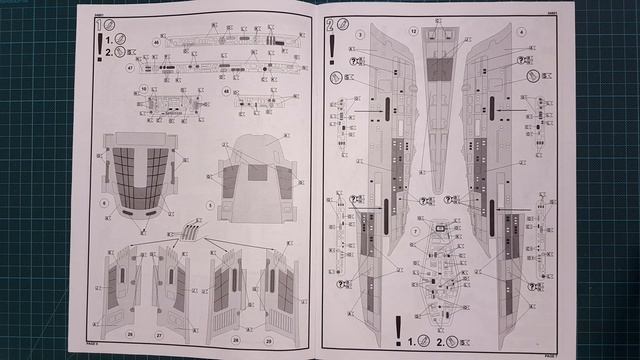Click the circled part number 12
coord(412,32)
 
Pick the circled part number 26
coord(130,332)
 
